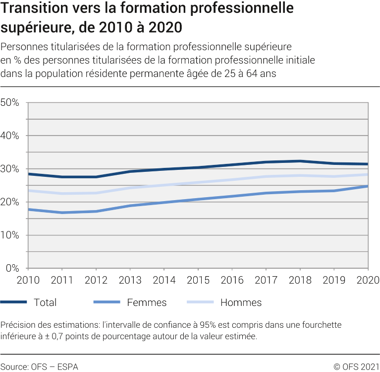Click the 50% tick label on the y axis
pyautogui.click(x=9, y=103)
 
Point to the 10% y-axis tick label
pyautogui.click(x=9, y=235)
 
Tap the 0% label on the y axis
pyautogui.click(x=12, y=269)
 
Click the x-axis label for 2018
pyautogui.click(x=300, y=280)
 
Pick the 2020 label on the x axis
pyautogui.click(x=368, y=280)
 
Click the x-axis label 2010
pyautogui.click(x=28, y=280)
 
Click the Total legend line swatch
pyautogui.click(x=14, y=302)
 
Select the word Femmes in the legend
pyautogui.click(x=147, y=302)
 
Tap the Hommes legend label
pyautogui.click(x=241, y=302)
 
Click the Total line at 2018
pyautogui.click(x=300, y=161)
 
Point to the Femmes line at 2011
pyautogui.click(x=62, y=213)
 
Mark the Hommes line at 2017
pyautogui.click(x=266, y=176)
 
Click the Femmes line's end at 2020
pyautogui.click(x=367, y=186)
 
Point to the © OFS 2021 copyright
pyautogui.click(x=356, y=367)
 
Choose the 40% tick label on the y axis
pyautogui.click(x=9, y=136)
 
